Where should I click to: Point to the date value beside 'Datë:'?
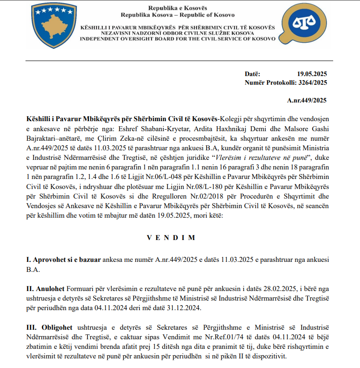tap(312, 74)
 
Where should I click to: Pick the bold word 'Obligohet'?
tap(49, 327)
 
